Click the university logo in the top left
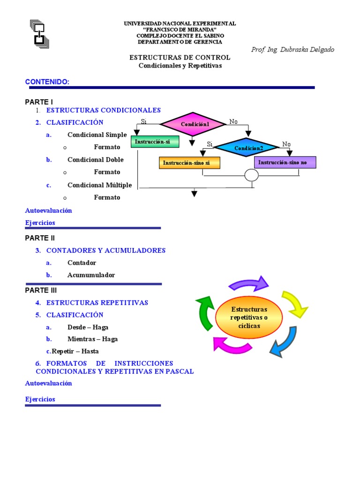39,34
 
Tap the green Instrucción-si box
152,142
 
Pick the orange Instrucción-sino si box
189,163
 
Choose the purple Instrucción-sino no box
285,162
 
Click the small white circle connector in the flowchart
251,175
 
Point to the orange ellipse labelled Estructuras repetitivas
248,317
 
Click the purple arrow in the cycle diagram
248,284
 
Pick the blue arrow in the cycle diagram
284,342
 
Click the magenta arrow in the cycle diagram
232,345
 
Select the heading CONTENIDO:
47,82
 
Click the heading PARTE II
40,238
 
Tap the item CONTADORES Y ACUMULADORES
106,251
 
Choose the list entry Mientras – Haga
92,339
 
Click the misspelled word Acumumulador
91,275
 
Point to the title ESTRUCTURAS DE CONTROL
180,58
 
